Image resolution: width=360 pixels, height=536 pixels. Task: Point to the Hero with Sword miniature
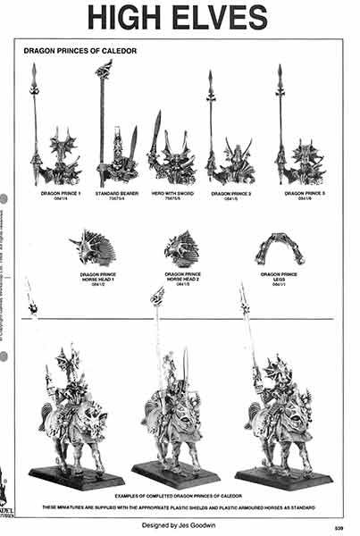coord(171,159)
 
